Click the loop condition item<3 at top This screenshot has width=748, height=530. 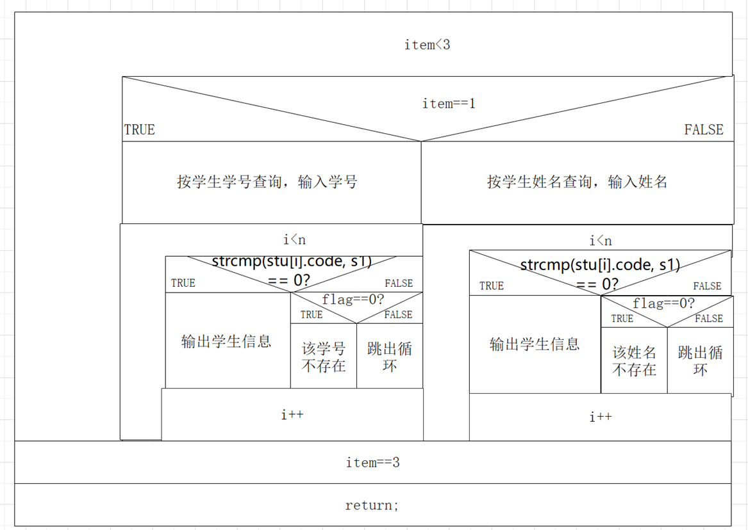[427, 45]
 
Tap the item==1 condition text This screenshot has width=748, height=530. [449, 103]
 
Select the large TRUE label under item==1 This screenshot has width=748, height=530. [140, 130]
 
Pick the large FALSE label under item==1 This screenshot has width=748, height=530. [703, 130]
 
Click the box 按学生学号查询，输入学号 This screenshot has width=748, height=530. [267, 182]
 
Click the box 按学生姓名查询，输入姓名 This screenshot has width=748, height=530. [577, 182]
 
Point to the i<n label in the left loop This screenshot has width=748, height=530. [295, 240]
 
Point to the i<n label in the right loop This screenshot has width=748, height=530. [601, 241]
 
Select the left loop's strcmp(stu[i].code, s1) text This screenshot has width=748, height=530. [292, 262]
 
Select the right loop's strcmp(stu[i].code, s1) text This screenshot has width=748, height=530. [600, 265]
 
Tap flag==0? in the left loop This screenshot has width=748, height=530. [353, 300]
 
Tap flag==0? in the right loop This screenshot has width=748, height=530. [663, 303]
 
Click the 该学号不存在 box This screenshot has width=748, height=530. [324, 357]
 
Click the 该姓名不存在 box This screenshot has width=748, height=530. [634, 360]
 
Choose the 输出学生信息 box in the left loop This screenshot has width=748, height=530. [226, 341]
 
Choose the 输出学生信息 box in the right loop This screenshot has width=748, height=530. [535, 344]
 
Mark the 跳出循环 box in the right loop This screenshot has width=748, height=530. [700, 360]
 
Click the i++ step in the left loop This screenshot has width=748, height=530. [292, 415]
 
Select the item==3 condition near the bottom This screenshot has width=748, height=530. [372, 462]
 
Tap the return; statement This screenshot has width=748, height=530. [372, 505]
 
